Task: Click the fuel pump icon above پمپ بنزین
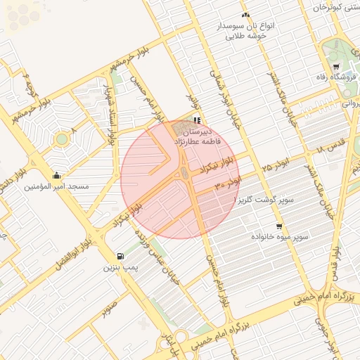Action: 120,257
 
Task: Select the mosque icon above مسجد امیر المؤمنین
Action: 56,175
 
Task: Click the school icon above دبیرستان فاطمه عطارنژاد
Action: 196,120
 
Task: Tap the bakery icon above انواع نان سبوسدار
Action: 245,14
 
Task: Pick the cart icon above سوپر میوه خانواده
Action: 280,226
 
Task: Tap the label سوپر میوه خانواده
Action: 281,238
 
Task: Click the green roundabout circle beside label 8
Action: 62,139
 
